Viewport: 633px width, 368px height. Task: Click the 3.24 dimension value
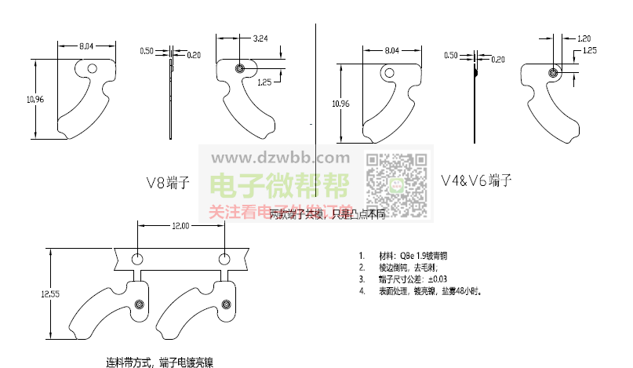260,38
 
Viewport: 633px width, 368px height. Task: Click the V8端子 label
169,184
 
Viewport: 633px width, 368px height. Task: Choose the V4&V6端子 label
476,180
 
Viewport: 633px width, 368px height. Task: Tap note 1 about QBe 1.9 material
413,256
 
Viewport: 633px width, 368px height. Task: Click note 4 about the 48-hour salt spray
429,291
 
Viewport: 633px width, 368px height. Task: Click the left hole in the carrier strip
137,257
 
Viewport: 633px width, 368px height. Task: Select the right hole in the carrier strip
225,257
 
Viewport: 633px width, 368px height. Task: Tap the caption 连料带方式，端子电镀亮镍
159,363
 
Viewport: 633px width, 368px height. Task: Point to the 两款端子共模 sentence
326,213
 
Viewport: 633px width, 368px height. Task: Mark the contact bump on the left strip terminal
140,304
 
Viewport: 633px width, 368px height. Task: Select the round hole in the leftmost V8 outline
93,68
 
